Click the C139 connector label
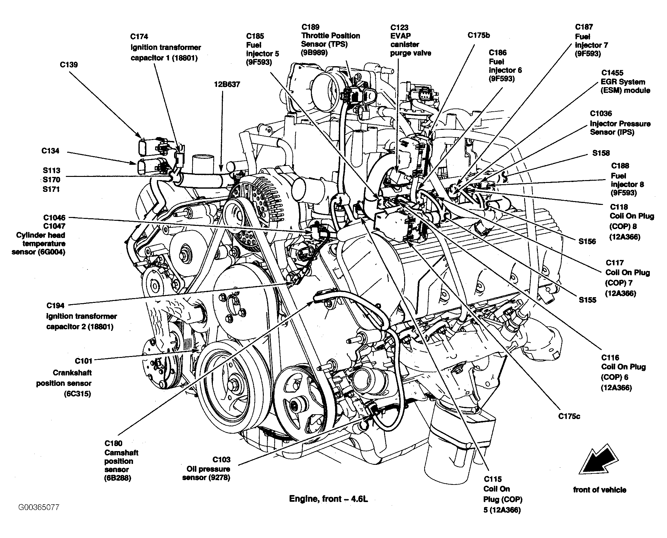point(69,65)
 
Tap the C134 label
point(50,151)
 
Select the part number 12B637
point(227,85)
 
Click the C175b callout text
point(479,35)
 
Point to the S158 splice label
point(601,153)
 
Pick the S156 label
point(587,241)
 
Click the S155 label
point(587,300)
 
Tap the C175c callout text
point(569,416)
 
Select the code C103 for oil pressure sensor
point(221,459)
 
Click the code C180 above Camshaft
point(113,443)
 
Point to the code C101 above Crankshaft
point(84,361)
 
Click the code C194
point(55,305)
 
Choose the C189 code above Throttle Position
point(310,27)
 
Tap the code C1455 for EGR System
point(612,73)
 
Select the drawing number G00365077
point(39,507)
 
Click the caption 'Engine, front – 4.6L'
point(328,499)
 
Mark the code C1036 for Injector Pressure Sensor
point(601,114)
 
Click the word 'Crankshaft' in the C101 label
point(72,373)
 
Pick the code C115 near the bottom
point(493,479)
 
